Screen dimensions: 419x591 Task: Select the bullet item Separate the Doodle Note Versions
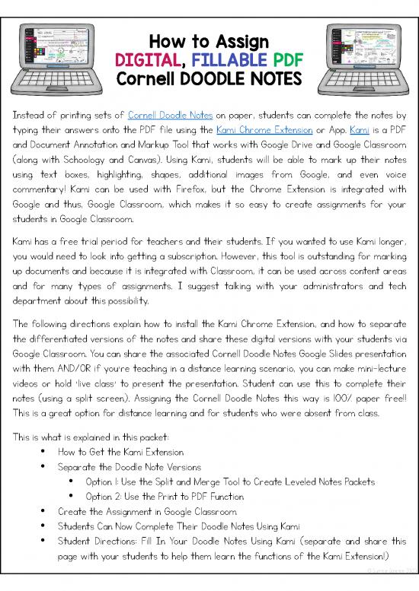[x=129, y=466]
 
